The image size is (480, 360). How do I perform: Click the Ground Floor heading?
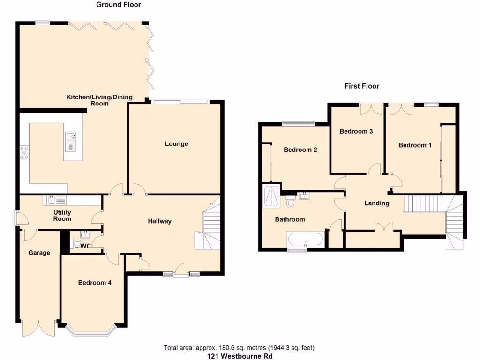coord(118,5)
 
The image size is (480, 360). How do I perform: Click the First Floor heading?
coord(362,86)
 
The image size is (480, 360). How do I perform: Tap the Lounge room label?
coord(176,144)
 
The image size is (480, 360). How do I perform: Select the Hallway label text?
coord(160,221)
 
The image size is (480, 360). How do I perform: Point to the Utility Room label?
coord(62,216)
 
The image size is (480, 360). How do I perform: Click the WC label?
coord(85,246)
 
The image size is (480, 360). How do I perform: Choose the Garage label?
coord(39,253)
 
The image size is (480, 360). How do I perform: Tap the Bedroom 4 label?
coord(95,283)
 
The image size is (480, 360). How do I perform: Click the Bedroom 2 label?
coord(300,150)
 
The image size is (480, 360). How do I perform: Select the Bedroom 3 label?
coord(356,131)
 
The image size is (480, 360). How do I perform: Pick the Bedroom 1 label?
coord(415,145)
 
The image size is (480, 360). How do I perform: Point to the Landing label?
coord(377,203)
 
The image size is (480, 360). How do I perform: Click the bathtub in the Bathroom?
coord(306,240)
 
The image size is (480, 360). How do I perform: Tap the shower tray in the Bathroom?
coord(271,195)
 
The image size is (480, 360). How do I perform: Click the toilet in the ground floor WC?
coord(77,244)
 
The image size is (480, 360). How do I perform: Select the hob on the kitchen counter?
coord(24,153)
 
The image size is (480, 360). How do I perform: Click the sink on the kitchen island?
coord(70,139)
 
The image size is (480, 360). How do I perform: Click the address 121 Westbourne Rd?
coord(240,356)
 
